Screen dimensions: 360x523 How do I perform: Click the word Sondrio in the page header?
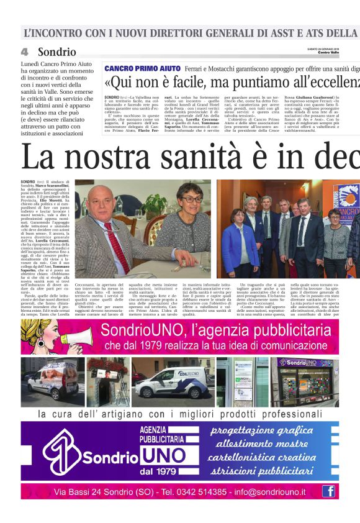click(x=56, y=52)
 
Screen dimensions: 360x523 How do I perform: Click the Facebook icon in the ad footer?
click(x=328, y=491)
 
